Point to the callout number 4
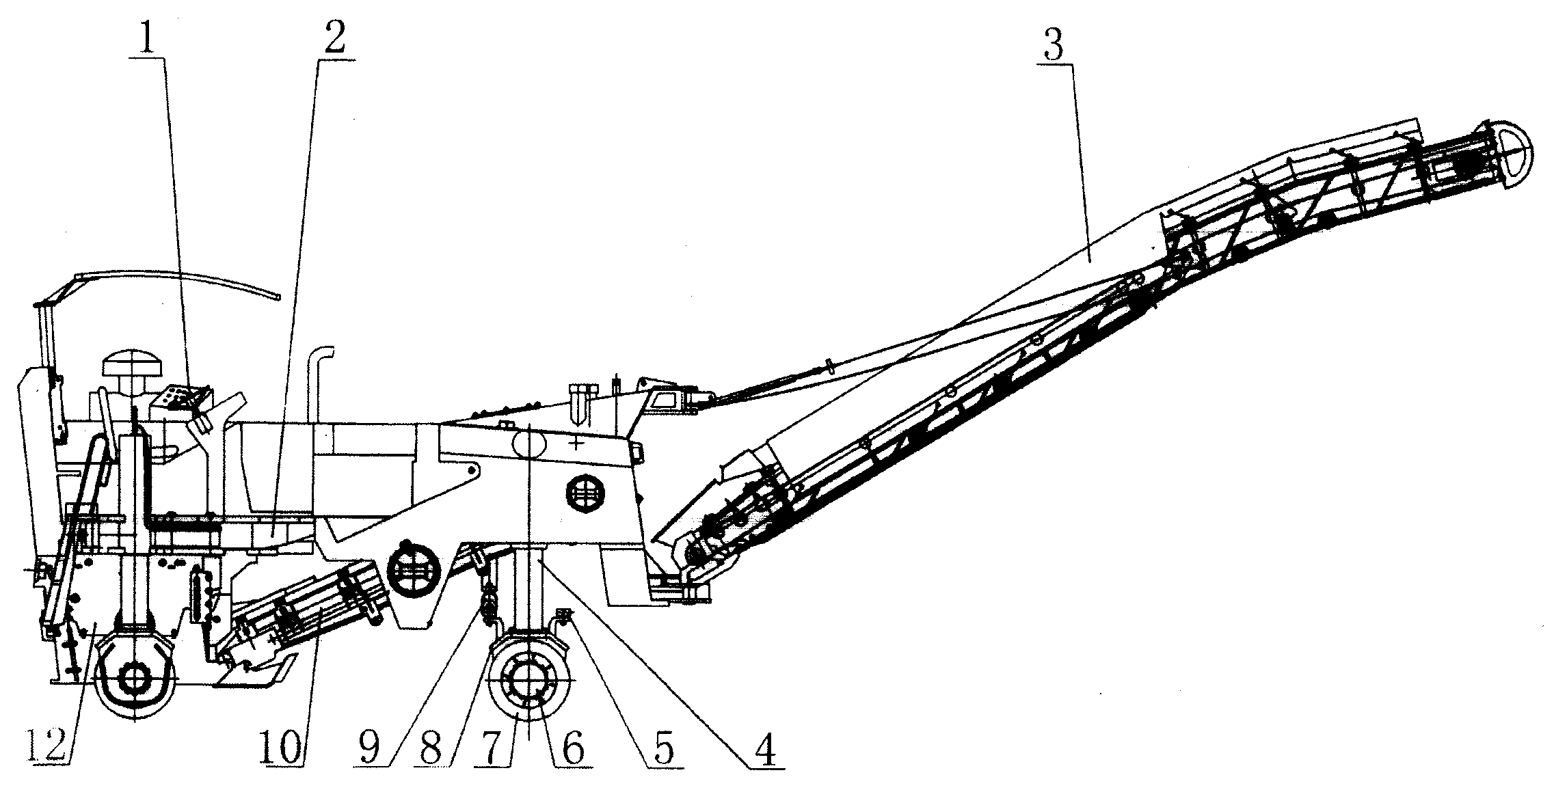[x=766, y=750]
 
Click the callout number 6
[x=572, y=750]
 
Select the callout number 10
[x=280, y=749]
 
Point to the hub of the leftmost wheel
[x=135, y=682]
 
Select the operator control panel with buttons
[x=183, y=398]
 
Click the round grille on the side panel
[x=585, y=492]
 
